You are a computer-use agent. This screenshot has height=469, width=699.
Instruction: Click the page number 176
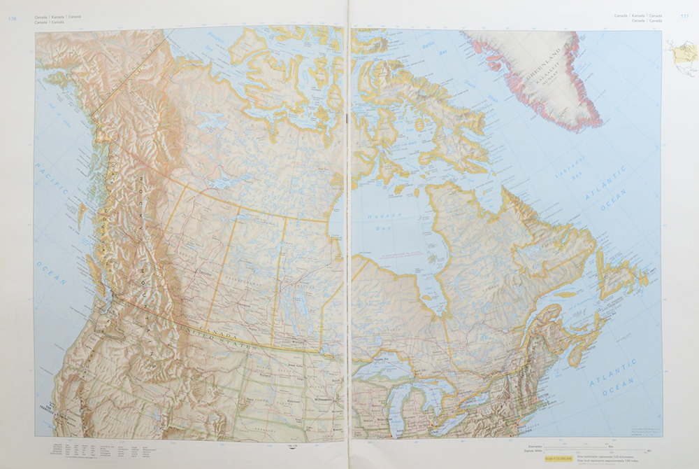[11, 19]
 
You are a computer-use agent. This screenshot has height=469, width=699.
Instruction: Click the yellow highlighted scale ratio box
[545, 456]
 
